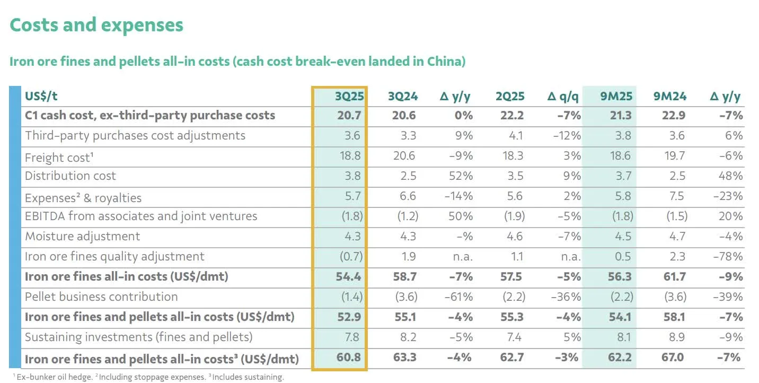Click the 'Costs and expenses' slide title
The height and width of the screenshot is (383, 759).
96,25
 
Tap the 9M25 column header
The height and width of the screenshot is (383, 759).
616,96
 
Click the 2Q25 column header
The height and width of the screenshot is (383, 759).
510,96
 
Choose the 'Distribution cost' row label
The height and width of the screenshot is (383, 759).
70,176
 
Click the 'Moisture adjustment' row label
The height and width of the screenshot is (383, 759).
82,237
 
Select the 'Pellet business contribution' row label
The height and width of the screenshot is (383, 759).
101,297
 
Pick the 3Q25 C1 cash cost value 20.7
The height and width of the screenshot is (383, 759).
348,116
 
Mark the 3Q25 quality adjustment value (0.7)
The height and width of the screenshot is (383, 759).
351,257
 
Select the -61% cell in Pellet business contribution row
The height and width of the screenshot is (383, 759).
458,297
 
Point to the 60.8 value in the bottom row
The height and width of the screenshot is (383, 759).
348,357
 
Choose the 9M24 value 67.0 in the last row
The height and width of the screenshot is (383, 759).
672,357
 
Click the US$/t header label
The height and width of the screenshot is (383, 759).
41,96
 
